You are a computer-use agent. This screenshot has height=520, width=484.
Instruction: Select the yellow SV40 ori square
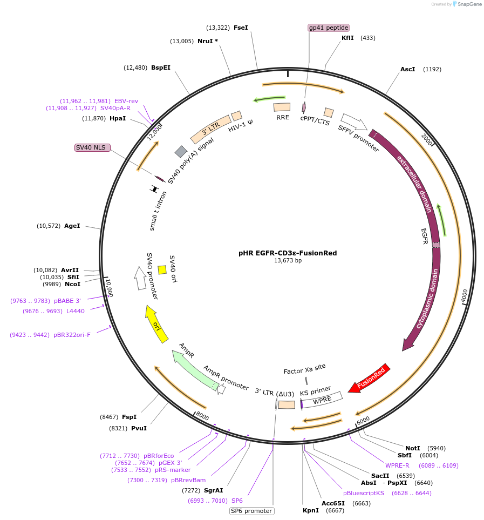coord(162,269)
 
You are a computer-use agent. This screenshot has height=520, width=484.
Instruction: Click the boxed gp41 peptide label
coord(329,28)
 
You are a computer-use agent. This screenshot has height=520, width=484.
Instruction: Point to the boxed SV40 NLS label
coord(92,147)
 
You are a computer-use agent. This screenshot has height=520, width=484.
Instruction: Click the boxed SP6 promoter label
coord(252,511)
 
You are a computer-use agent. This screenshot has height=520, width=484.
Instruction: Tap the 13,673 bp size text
coord(288,261)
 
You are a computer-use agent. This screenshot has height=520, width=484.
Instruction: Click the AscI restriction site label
coord(407,69)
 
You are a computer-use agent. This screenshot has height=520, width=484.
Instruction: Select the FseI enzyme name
coord(241,28)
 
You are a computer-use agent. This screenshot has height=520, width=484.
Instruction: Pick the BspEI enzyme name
coord(161,67)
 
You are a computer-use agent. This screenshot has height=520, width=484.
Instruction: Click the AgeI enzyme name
coord(72,226)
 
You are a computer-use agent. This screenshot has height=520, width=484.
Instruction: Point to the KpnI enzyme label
coord(311,510)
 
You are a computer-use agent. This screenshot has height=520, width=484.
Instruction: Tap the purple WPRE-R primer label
coord(397,465)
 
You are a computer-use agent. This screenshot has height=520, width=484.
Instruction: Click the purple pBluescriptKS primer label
coord(364,493)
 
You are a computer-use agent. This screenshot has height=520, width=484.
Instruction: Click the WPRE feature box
coord(322,400)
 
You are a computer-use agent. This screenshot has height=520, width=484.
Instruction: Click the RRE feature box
coord(282,107)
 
